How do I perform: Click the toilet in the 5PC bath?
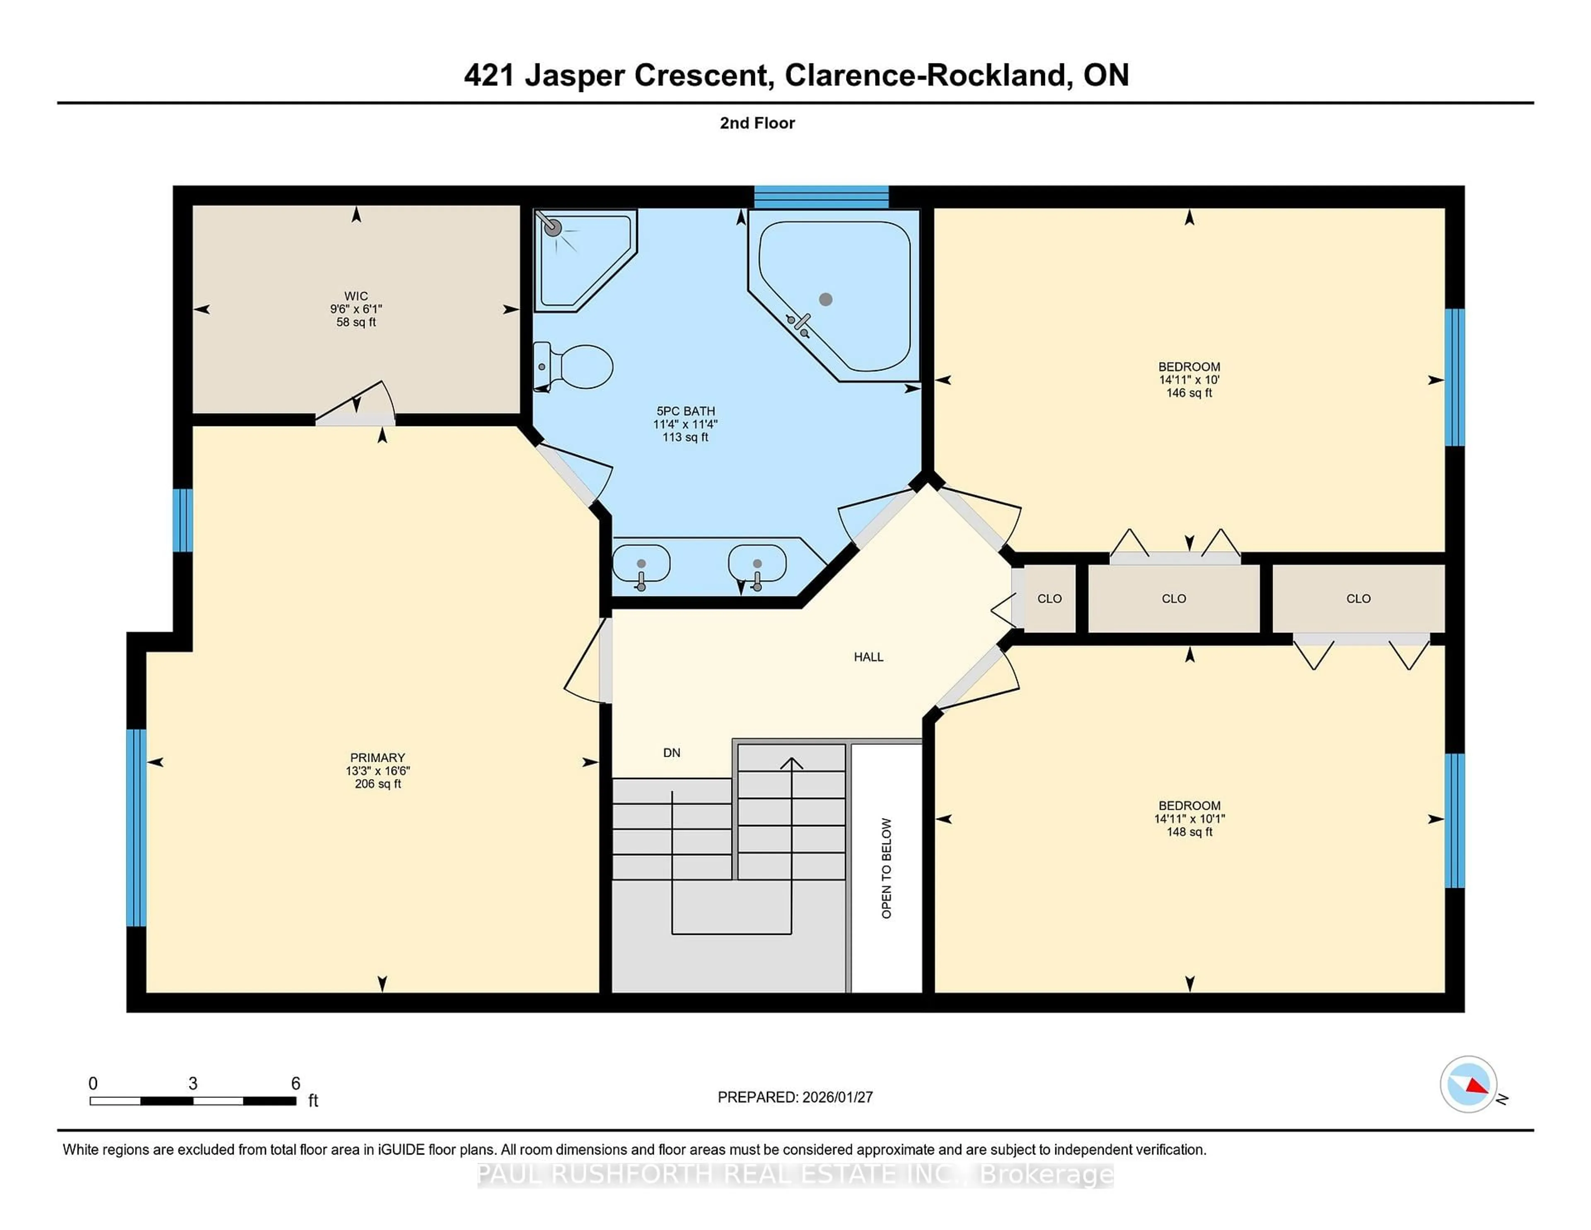coord(575,366)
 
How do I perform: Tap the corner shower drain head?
coord(553,228)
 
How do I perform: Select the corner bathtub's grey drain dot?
coord(825,299)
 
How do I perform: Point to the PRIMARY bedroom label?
coord(377,757)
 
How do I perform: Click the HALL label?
coord(868,656)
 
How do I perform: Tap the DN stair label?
coord(672,753)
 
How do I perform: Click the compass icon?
coord(1468,1084)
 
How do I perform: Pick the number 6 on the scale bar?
coord(296,1083)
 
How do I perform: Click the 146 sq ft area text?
coord(1189,393)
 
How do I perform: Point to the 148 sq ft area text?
coord(1189,831)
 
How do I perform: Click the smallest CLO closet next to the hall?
coord(1049,598)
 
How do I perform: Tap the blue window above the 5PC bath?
coord(821,197)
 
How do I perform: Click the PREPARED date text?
coord(795,1097)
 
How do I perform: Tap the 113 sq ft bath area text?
coord(685,437)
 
